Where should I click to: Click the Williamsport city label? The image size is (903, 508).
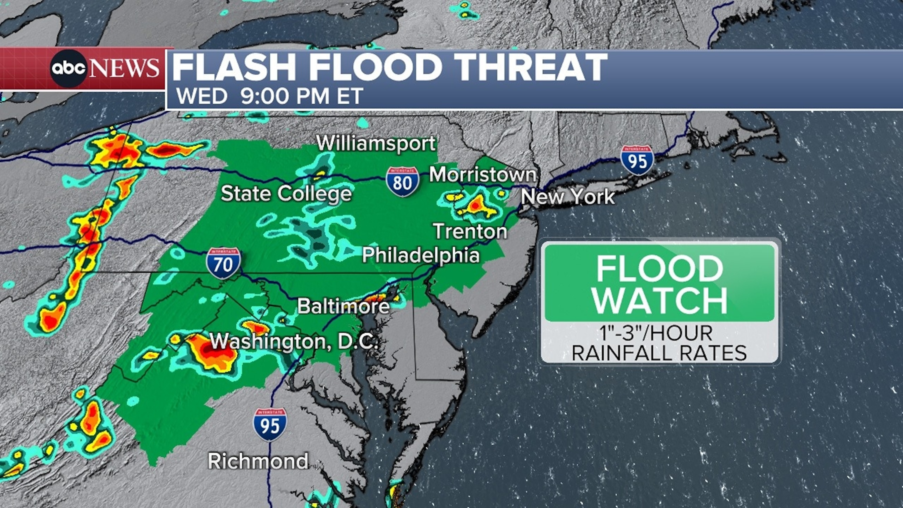(x=376, y=143)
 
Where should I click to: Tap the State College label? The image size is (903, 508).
(x=286, y=193)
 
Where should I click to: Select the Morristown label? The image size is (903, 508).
(x=483, y=174)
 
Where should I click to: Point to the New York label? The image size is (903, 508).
(x=568, y=196)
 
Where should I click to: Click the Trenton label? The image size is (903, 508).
(x=470, y=231)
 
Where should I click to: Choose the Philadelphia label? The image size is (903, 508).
(x=421, y=255)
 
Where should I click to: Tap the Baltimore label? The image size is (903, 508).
(x=343, y=306)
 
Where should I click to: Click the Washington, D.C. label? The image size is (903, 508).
(x=294, y=341)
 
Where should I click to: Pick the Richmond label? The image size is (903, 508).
(x=258, y=461)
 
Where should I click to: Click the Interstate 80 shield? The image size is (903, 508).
(x=402, y=182)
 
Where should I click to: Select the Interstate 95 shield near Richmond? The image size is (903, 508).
(x=270, y=424)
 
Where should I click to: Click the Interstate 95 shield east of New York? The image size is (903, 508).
(x=637, y=160)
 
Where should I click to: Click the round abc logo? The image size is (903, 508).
(x=68, y=68)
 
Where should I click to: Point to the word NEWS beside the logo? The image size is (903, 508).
(x=124, y=68)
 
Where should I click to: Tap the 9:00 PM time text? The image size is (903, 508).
(x=285, y=96)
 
